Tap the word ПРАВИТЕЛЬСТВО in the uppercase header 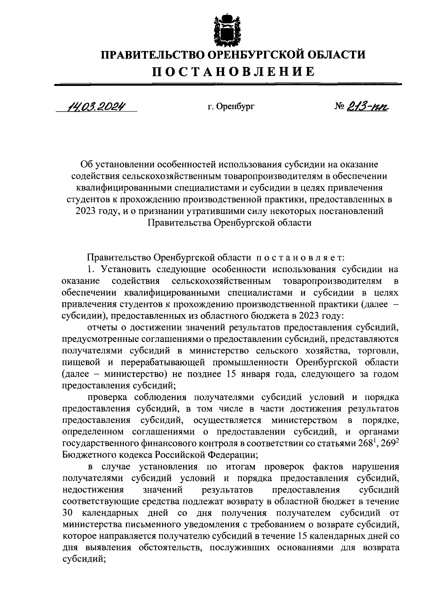pyautogui.click(x=151, y=55)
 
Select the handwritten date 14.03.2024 pyautogui.click(x=96, y=106)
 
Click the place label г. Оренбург pyautogui.click(x=231, y=106)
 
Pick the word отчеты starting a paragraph pyautogui.click(x=101, y=328)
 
